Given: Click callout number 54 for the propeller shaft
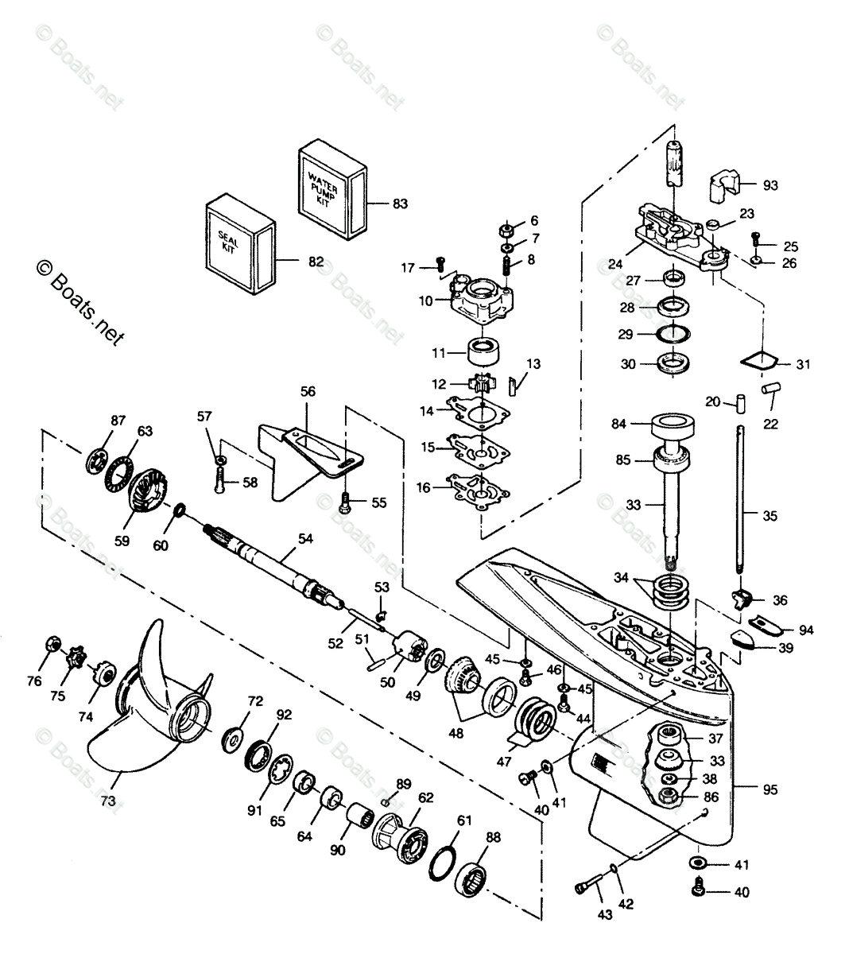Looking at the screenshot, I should (304, 539).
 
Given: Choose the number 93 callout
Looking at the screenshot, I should (770, 185).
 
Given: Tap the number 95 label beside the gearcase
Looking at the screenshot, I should (770, 789).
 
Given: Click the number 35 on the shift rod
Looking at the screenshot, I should (770, 516).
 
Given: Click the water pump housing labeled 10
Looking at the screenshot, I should (481, 301).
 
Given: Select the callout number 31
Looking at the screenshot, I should (804, 364).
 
